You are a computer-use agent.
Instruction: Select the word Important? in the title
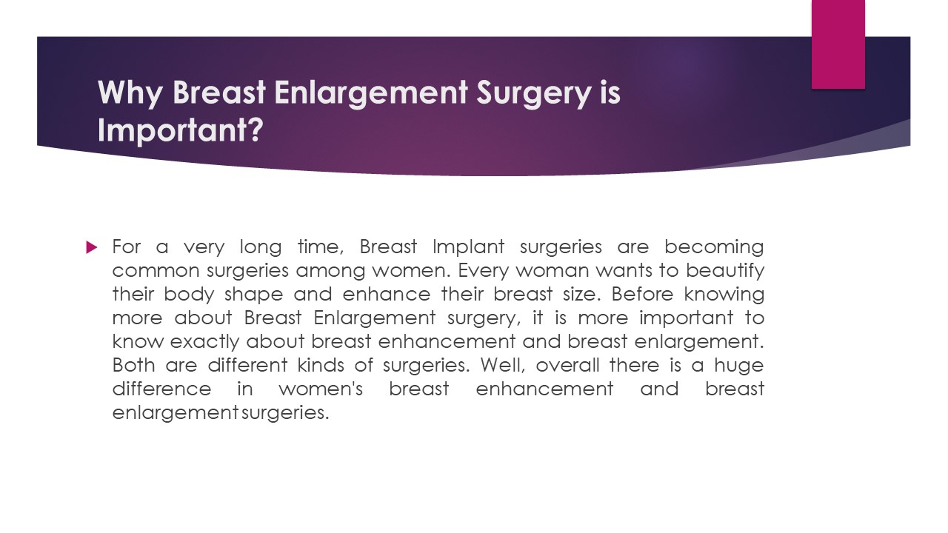[180, 130]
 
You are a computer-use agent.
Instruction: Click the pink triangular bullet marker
[92, 247]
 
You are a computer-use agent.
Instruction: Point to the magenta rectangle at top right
[838, 44]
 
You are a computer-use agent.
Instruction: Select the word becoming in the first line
[714, 247]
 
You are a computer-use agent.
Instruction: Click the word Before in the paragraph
[643, 294]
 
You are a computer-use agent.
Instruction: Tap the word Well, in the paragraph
[503, 365]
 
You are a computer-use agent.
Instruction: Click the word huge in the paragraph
[738, 365]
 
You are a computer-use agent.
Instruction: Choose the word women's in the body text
[321, 389]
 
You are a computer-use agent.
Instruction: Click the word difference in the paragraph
[161, 389]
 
